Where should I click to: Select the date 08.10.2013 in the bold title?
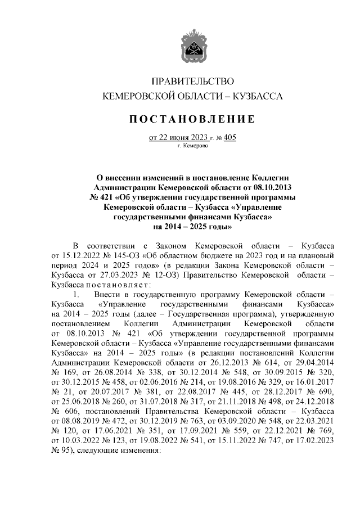(275, 187)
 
